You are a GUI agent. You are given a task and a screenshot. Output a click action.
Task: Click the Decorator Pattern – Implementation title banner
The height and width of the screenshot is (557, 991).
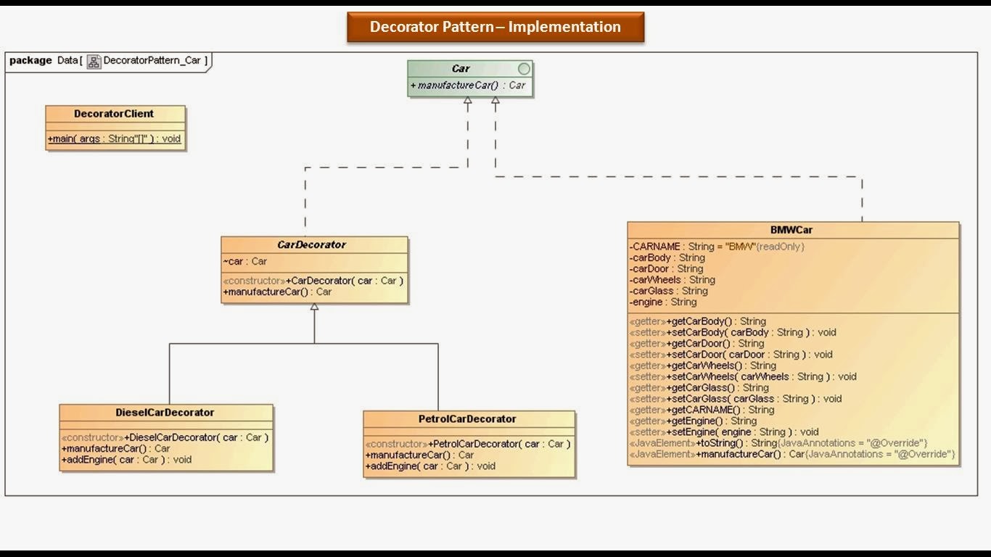click(495, 28)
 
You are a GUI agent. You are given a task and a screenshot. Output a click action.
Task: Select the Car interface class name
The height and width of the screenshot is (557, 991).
click(461, 69)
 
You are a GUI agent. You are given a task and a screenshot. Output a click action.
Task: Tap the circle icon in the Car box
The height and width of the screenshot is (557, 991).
click(524, 69)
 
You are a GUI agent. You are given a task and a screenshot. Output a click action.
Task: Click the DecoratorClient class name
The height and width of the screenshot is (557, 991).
click(114, 114)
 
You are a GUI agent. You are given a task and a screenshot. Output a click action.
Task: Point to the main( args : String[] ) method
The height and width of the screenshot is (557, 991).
click(115, 139)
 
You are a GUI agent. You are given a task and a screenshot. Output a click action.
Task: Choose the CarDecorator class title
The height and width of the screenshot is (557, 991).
click(311, 245)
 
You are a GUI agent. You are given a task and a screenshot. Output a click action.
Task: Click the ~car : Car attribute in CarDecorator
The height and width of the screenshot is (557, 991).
click(245, 261)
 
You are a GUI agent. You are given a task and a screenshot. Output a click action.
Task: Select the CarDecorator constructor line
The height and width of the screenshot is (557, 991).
click(313, 281)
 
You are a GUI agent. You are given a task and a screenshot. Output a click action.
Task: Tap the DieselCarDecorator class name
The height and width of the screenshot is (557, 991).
click(165, 413)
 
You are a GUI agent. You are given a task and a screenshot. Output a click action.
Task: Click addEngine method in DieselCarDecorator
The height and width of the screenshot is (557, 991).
click(127, 459)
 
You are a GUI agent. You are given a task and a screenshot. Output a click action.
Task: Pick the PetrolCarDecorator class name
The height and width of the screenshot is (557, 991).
click(467, 419)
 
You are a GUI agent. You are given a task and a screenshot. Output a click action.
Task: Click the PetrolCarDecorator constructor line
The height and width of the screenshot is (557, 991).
click(468, 444)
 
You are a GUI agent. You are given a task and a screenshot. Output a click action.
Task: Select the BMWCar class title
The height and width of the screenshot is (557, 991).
click(791, 230)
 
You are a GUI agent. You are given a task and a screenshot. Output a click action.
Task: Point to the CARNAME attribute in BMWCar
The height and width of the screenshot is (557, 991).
click(717, 247)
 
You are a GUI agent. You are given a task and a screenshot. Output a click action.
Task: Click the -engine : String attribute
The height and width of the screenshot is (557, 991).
click(663, 302)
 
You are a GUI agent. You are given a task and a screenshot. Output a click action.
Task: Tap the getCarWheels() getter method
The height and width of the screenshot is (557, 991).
click(702, 366)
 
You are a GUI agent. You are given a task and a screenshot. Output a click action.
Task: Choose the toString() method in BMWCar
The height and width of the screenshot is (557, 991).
click(778, 443)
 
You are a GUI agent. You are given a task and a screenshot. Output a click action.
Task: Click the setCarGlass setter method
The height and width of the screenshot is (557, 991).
click(735, 399)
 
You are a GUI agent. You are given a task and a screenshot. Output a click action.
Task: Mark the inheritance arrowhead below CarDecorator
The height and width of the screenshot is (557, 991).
click(314, 308)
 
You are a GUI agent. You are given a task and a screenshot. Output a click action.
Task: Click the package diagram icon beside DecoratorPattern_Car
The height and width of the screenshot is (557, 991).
click(94, 61)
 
